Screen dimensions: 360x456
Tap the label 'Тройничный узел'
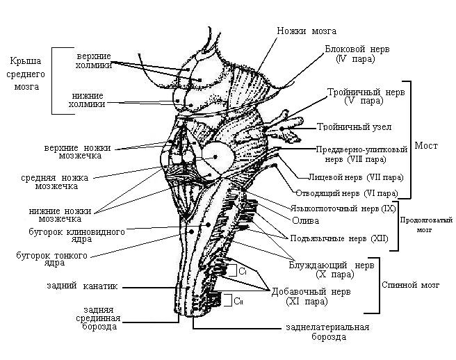(x=354, y=127)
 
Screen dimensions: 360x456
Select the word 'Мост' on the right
(x=426, y=146)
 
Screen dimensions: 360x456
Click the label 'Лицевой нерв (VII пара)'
(x=355, y=177)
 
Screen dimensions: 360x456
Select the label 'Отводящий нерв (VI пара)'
(x=347, y=193)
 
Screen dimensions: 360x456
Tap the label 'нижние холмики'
(x=89, y=99)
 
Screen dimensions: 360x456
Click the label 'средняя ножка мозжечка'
(x=49, y=181)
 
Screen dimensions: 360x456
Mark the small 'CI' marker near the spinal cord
(x=243, y=272)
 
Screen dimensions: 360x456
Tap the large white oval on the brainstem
(x=216, y=158)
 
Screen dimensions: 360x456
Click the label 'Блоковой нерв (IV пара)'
(x=355, y=55)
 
